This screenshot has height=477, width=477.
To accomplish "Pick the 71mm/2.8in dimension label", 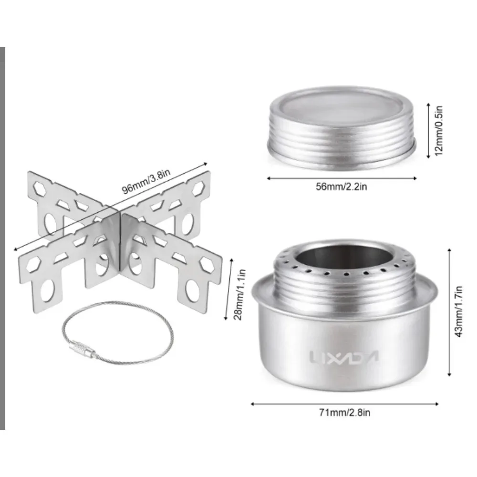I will (344, 412).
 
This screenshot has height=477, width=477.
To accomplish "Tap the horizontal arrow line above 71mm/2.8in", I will (344, 403).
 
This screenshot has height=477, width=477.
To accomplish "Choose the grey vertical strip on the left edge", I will (2, 238).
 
